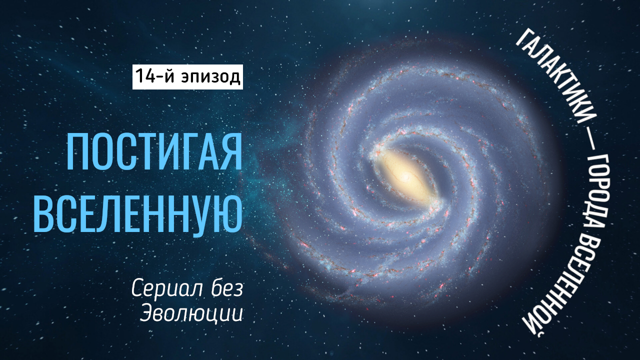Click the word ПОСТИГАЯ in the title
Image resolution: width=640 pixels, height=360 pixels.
point(154,151)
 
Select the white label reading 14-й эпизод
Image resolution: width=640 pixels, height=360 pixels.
point(187,76)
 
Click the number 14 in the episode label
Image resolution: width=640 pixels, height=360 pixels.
point(144,76)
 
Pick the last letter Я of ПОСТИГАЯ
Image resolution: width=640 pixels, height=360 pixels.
point(232,151)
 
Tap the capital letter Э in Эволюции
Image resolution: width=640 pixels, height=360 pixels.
point(145,312)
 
